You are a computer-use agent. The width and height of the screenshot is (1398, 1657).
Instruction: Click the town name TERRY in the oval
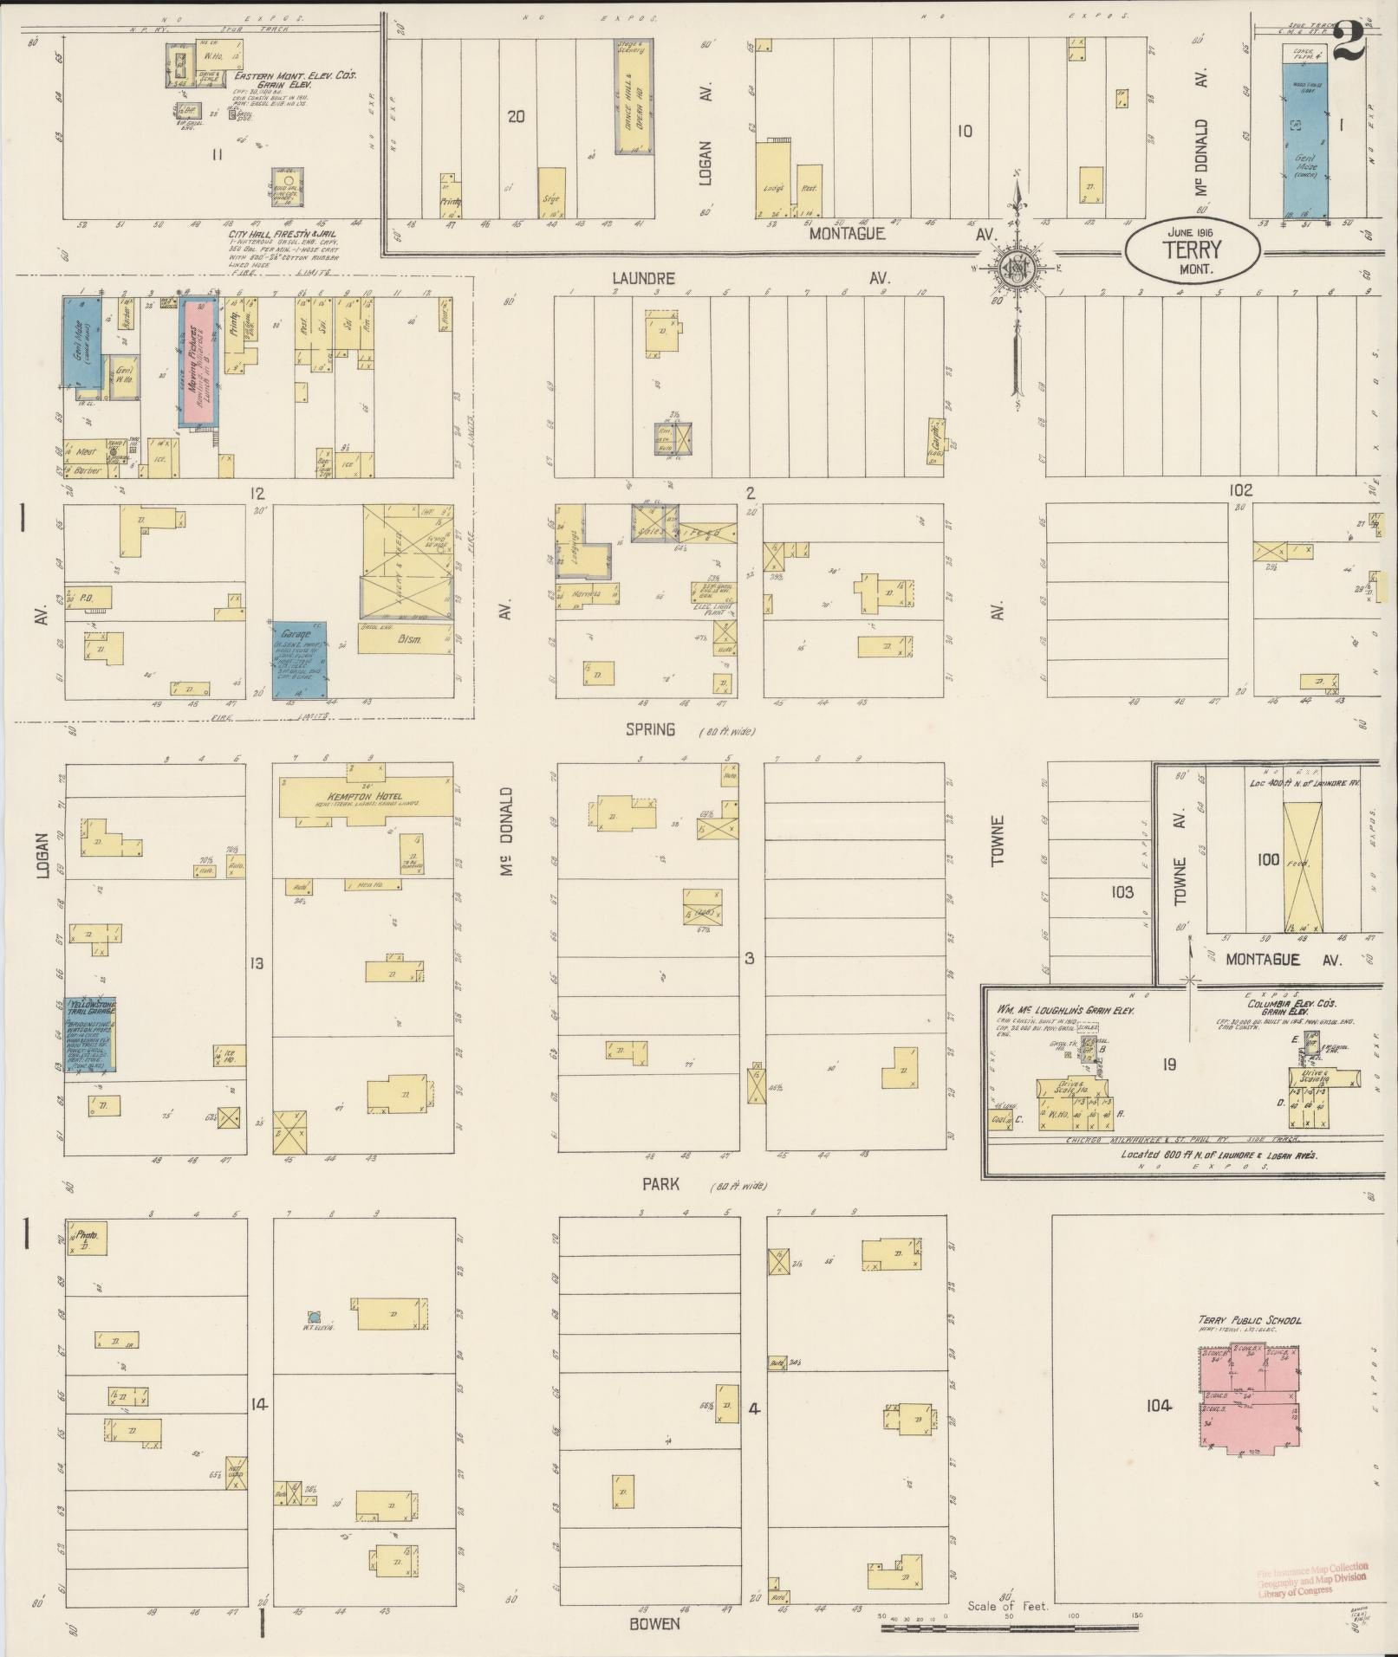[1193, 249]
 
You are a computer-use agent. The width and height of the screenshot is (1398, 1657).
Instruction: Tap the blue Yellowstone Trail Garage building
[93, 1036]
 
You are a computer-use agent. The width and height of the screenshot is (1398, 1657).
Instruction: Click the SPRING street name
[650, 730]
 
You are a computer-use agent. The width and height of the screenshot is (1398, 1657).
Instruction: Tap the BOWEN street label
[654, 1622]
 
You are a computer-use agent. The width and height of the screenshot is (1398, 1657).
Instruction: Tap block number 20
[516, 116]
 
